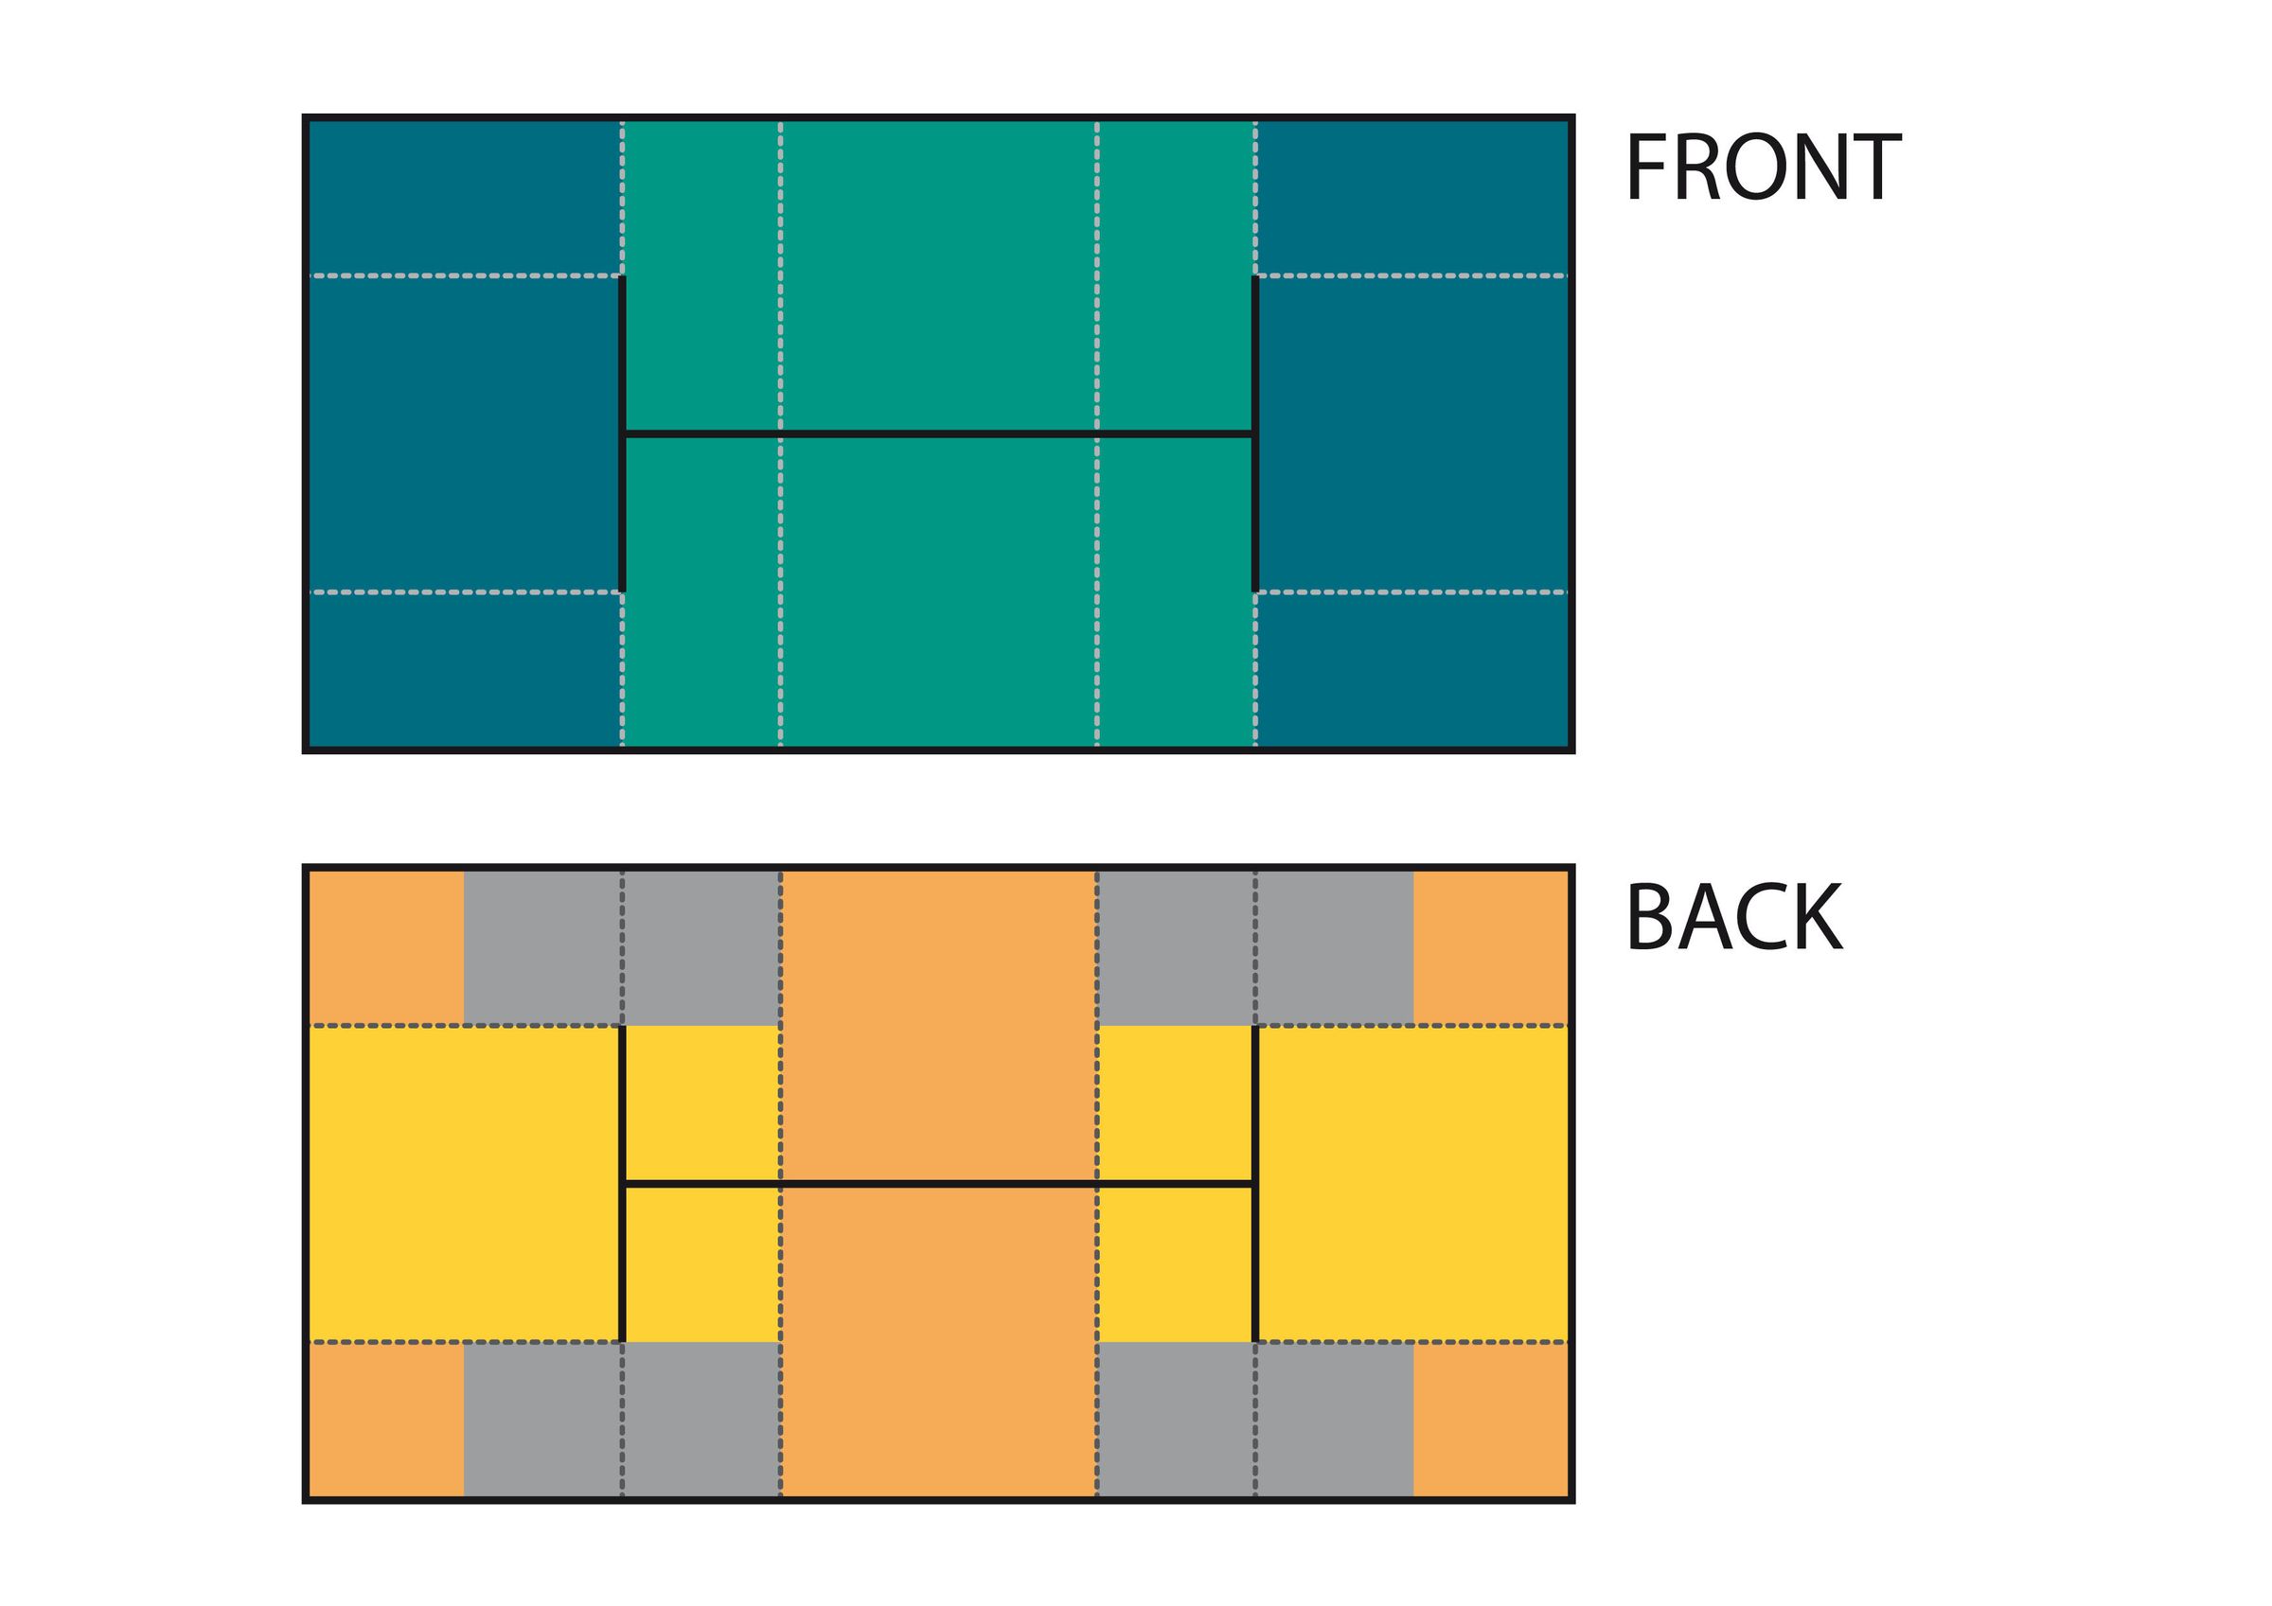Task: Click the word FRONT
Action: tap(1763, 168)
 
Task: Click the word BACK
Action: tap(1734, 918)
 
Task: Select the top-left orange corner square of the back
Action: tap(386, 948)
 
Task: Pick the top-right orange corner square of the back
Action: tap(1490, 948)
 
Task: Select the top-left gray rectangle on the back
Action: tap(621, 948)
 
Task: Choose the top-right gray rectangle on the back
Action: tap(1254, 948)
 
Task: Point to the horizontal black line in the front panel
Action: tap(938, 433)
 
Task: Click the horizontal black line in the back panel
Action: tap(938, 1184)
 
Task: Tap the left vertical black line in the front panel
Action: tap(622, 433)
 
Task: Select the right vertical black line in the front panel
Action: tap(1254, 433)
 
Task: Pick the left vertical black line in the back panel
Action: tap(622, 1184)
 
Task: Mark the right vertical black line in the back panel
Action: tap(1254, 1184)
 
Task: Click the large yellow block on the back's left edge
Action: tap(463, 1184)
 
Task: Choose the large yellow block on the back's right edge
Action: tap(1413, 1184)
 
